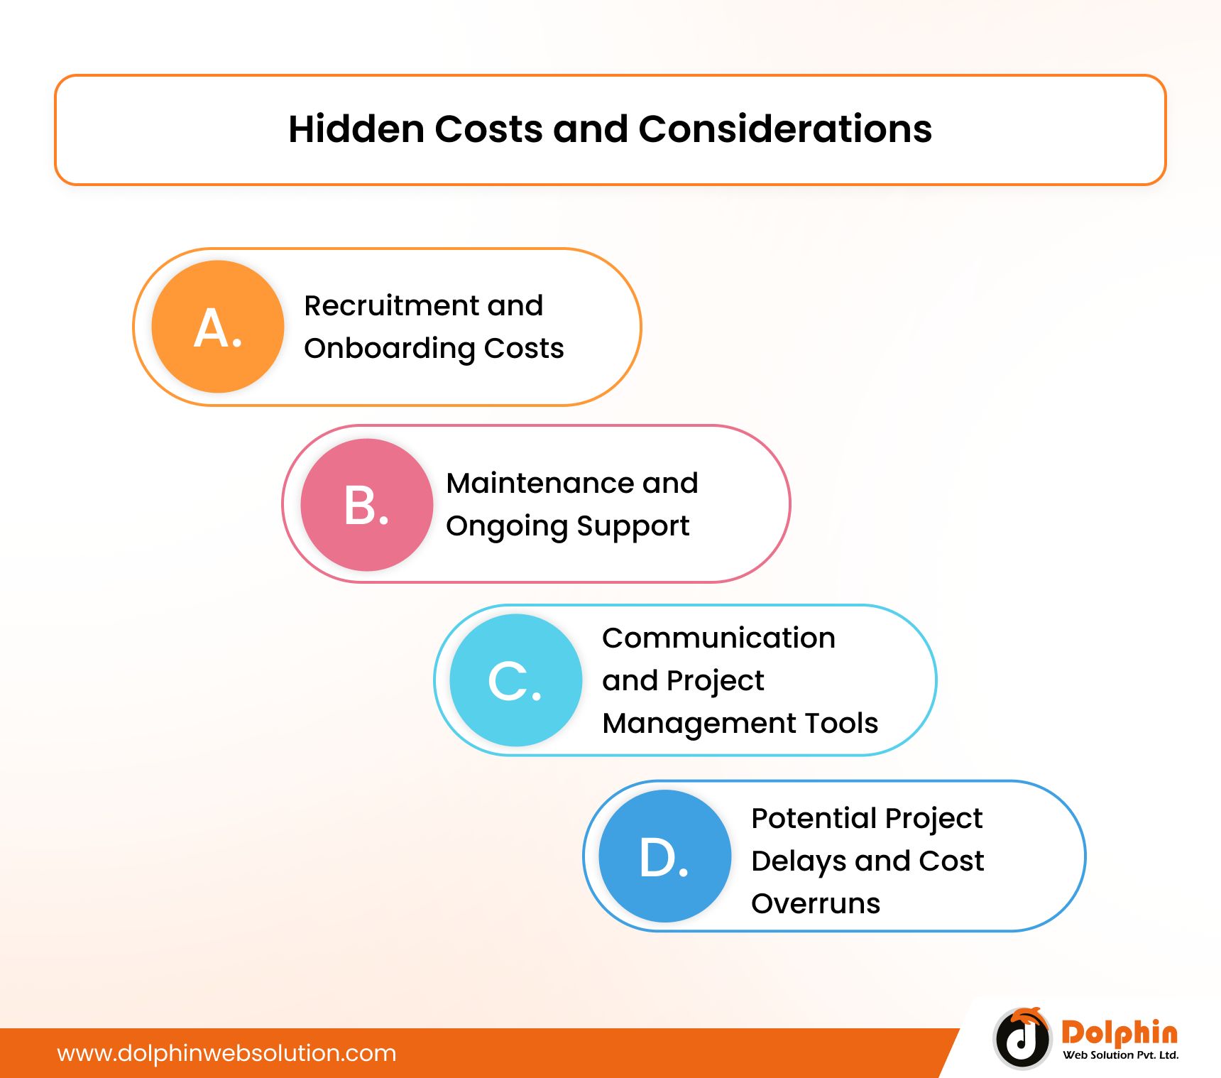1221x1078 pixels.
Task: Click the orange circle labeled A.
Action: pos(218,327)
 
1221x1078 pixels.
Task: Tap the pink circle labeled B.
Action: pos(367,505)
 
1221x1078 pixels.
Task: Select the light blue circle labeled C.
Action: pos(516,680)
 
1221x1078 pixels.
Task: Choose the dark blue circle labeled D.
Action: pos(665,856)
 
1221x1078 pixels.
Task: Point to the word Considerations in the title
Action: pos(785,129)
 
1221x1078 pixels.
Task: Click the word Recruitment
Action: pos(390,305)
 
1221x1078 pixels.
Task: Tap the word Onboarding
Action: pos(390,349)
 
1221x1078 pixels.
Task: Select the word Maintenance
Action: pos(540,483)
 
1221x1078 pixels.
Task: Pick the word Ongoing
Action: pos(508,527)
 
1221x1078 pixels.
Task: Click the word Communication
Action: pos(718,638)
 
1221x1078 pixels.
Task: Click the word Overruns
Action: pos(816,904)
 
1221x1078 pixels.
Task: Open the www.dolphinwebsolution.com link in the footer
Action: pos(226,1053)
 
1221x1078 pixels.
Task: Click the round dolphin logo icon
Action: pos(1022,1038)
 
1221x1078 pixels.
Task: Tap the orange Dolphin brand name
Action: pos(1119,1033)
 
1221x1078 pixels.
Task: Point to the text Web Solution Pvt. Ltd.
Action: pos(1121,1055)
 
